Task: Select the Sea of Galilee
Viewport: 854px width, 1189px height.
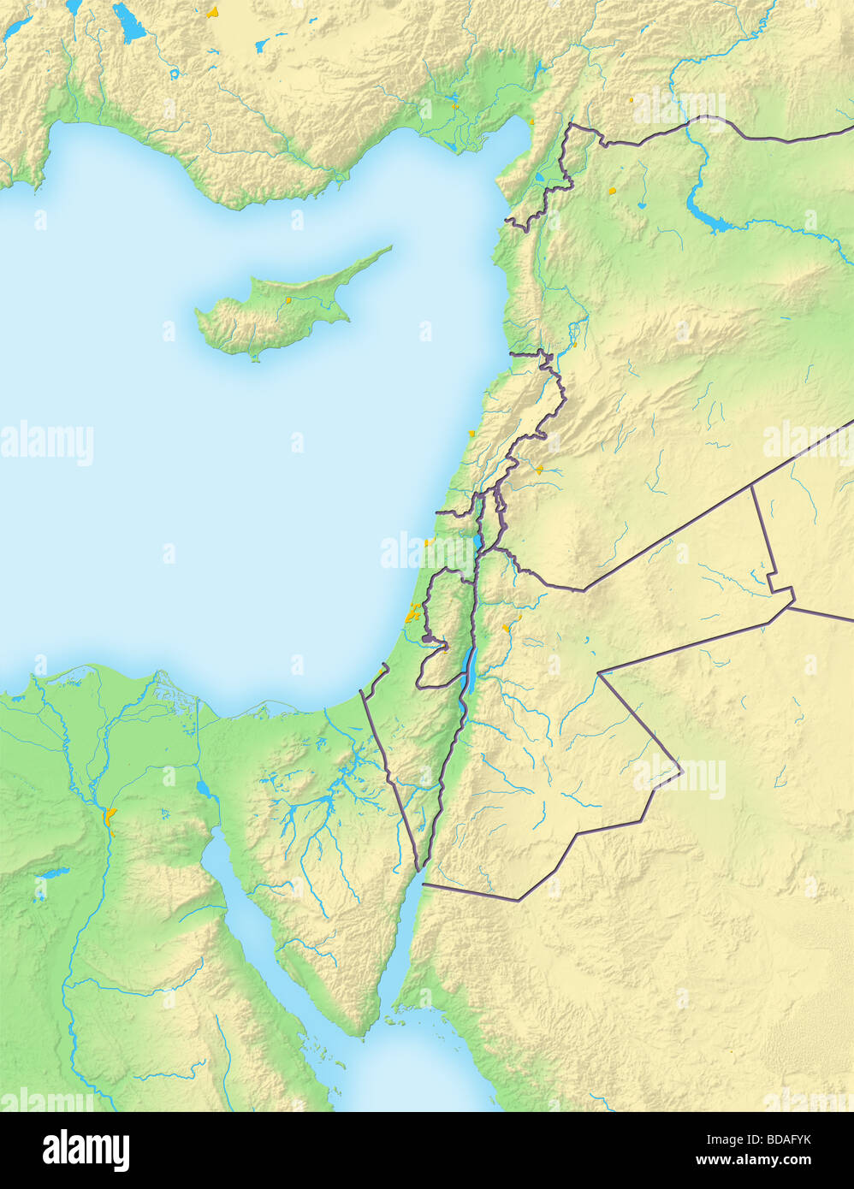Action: tap(477, 543)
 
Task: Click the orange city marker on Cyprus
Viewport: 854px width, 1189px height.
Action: tap(289, 300)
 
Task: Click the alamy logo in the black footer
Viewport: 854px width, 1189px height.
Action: tap(86, 1151)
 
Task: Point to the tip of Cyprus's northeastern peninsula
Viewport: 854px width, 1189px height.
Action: tap(390, 249)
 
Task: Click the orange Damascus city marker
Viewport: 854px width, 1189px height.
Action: tap(539, 469)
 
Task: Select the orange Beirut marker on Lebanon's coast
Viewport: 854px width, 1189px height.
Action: tap(471, 434)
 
